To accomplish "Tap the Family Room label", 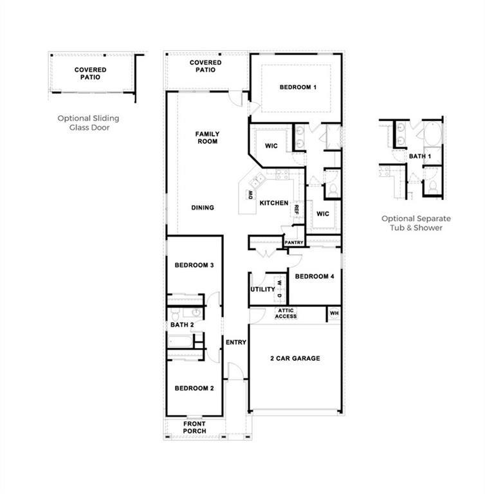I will [206, 138].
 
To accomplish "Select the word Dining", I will [203, 208].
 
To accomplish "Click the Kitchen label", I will [274, 203].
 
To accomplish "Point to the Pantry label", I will [294, 242].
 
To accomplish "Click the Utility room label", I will [262, 289].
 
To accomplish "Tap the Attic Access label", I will [286, 314].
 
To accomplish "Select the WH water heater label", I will [334, 314].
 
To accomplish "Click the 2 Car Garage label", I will [294, 358].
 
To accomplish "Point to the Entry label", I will [236, 342].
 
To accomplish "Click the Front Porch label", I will [194, 428].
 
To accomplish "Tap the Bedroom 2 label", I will [194, 389].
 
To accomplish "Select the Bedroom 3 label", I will [194, 265].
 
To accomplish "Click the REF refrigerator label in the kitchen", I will [297, 209].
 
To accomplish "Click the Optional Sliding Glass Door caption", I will [88, 123].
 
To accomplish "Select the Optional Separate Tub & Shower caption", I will [416, 223].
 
